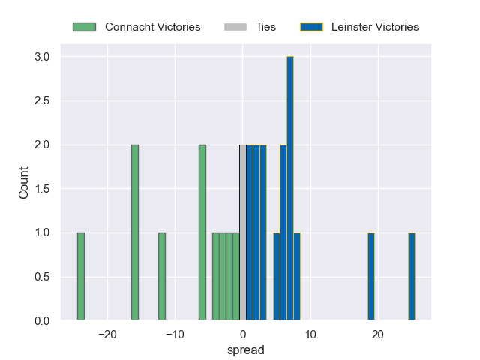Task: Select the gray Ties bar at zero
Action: coord(243,232)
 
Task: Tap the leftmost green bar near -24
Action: coord(81,277)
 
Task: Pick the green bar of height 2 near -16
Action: coord(135,232)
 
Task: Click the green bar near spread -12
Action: coord(162,277)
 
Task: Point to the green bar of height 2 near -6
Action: coord(202,232)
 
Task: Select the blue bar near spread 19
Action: coord(371,277)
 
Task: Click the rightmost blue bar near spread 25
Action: coord(412,277)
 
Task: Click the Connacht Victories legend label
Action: coord(153,27)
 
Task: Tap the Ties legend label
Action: coord(265,27)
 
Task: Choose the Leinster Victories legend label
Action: coord(375,27)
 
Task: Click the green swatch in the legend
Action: coord(85,27)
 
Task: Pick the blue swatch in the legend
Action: coord(311,27)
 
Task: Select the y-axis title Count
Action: coord(23,182)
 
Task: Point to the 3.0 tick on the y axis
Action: coord(42,57)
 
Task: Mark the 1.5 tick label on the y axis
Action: coord(42,189)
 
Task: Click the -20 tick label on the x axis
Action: coord(107,334)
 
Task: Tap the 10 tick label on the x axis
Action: coord(310,334)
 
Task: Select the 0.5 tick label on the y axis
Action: coord(42,277)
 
